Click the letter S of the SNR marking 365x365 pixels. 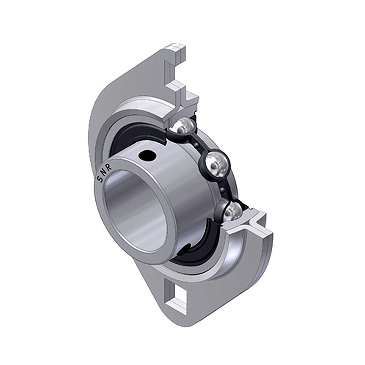[99, 179]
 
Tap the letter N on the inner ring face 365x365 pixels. [104, 172]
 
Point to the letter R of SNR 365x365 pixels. [109, 166]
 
